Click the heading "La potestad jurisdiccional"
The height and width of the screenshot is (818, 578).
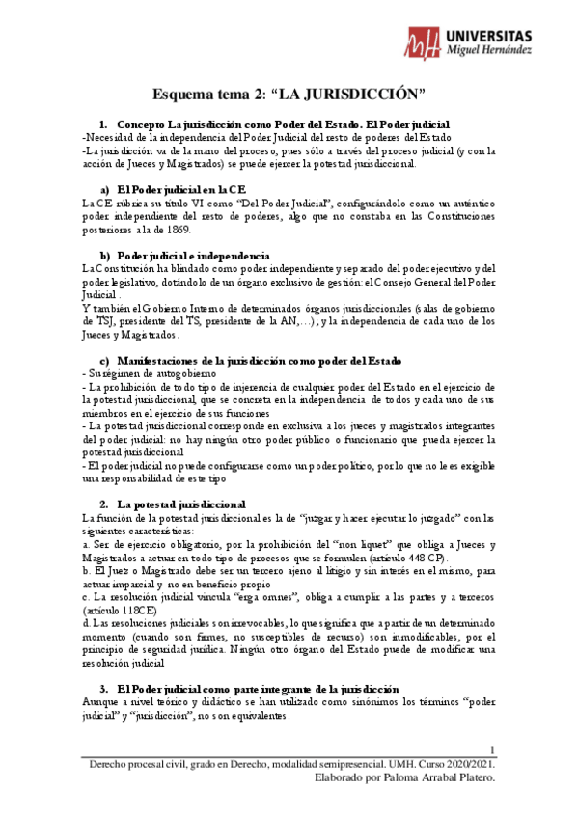tap(180, 504)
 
